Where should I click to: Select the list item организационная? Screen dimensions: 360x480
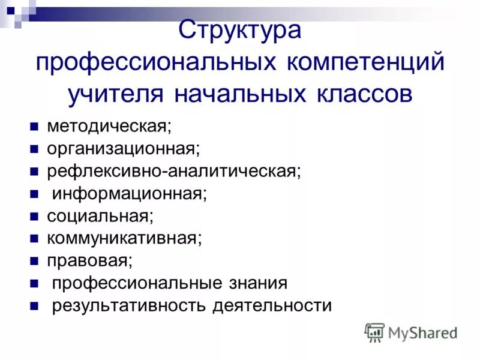[x=123, y=149]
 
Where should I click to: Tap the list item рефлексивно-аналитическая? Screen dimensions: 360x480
[x=174, y=172]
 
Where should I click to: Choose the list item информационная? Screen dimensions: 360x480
[x=129, y=194]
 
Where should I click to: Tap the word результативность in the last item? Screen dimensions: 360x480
[x=128, y=305]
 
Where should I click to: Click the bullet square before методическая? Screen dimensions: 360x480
[x=34, y=127]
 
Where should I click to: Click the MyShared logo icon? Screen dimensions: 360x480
[x=374, y=332]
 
